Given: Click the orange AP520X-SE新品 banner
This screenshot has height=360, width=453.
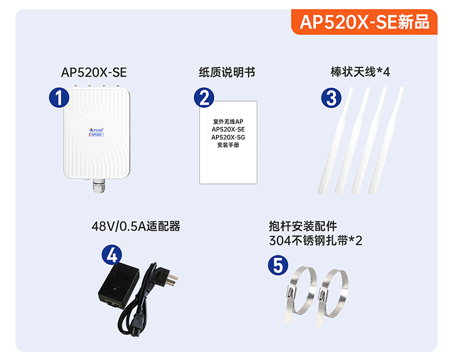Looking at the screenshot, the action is (364, 22).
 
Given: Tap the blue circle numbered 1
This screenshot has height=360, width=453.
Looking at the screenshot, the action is (59, 98).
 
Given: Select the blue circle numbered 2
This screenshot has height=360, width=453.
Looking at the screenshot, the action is (204, 98).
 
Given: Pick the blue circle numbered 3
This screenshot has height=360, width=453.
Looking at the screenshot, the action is (331, 98).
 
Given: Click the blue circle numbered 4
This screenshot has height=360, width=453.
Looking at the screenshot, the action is (112, 255).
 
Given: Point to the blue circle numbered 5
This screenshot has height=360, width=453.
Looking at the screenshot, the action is (278, 265).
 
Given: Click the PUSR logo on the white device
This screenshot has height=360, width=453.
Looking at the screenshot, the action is (97, 130).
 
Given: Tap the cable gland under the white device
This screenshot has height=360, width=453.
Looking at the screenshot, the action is (99, 186).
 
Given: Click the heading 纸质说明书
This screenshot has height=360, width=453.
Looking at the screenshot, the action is (227, 72).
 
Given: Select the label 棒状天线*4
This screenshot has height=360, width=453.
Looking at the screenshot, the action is (360, 72).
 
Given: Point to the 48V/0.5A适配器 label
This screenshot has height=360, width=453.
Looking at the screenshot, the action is (136, 226).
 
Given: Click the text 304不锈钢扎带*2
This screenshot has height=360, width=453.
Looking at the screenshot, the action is (316, 240).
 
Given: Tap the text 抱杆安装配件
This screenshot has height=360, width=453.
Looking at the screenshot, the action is (303, 226).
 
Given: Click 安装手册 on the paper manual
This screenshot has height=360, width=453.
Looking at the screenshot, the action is (228, 145).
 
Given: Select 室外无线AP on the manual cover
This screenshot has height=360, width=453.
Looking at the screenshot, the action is (228, 122).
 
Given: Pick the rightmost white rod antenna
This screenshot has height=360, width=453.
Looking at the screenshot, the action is (386, 140).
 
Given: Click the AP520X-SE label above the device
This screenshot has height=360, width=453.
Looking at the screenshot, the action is (94, 72).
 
